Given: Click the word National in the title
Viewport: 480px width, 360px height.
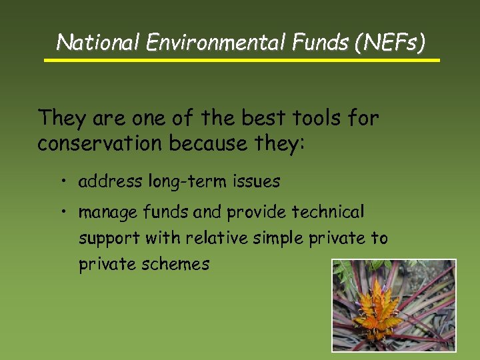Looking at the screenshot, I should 99,43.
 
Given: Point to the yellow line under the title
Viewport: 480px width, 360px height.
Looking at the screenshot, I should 242,60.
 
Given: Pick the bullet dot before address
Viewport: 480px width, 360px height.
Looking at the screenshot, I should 61,181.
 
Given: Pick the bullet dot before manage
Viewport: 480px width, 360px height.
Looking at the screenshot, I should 61,212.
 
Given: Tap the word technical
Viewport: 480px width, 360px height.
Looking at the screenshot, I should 329,212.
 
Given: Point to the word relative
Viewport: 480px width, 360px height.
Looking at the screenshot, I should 217,238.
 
